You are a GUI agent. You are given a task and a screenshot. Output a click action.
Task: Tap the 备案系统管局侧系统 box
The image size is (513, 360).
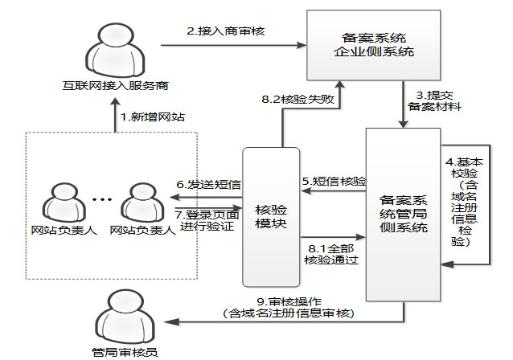click(x=401, y=213)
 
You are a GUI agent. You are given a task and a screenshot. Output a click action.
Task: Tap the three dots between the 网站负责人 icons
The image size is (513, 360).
click(x=103, y=199)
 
